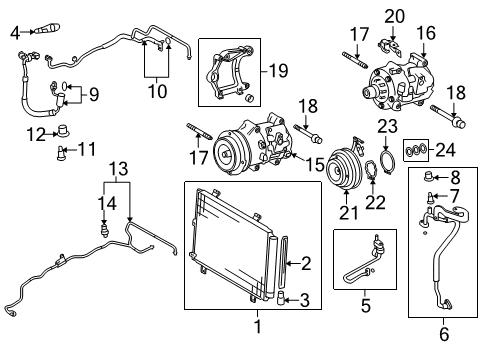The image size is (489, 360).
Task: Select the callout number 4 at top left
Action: click(14, 33)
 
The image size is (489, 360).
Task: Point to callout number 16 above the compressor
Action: click(428, 32)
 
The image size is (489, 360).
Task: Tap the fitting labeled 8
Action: click(432, 179)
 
